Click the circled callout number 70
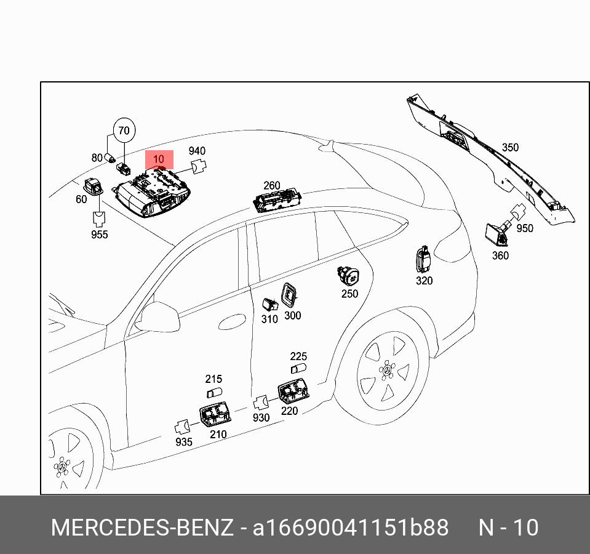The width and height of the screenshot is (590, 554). pyautogui.click(x=124, y=130)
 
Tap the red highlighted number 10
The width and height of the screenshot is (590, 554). pyautogui.click(x=159, y=159)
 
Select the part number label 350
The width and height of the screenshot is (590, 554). pyautogui.click(x=510, y=148)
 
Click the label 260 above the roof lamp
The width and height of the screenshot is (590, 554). pyautogui.click(x=271, y=186)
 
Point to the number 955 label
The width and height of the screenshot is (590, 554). pyautogui.click(x=99, y=235)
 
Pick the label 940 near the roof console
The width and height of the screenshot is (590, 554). pyautogui.click(x=197, y=151)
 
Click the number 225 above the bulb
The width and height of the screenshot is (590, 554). pyautogui.click(x=298, y=357)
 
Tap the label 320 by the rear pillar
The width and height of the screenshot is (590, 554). pyautogui.click(x=424, y=281)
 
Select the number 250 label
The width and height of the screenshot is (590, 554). pyautogui.click(x=349, y=294)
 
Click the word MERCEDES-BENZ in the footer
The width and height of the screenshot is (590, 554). pyautogui.click(x=142, y=528)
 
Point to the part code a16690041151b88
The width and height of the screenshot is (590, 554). pyautogui.click(x=351, y=528)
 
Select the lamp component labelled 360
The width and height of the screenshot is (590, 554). pyautogui.click(x=496, y=235)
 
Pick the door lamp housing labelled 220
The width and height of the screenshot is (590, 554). pyautogui.click(x=293, y=392)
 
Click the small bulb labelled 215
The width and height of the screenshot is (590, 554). pyautogui.click(x=214, y=392)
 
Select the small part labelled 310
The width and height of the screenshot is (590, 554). pyautogui.click(x=269, y=303)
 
